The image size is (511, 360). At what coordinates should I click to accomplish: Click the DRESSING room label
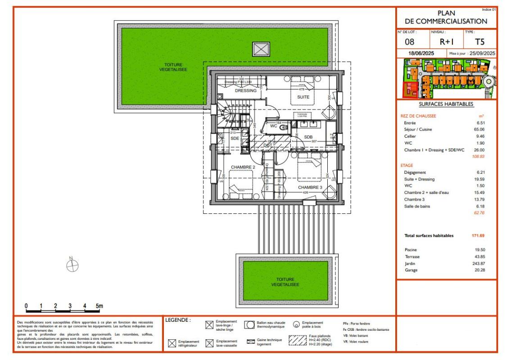[x=246, y=90]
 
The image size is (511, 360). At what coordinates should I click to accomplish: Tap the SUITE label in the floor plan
[x=303, y=97]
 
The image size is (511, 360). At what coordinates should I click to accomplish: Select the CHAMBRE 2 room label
[x=243, y=167]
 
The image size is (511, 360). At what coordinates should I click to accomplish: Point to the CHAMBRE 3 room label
[x=310, y=187]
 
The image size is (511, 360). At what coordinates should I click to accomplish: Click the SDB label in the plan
[x=308, y=137]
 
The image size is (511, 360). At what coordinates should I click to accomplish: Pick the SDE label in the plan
[x=235, y=139]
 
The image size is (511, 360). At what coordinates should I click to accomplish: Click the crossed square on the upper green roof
[x=261, y=49]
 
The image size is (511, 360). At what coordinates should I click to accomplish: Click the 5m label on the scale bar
[x=99, y=306]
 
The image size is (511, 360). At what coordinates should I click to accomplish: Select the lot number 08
[x=410, y=43]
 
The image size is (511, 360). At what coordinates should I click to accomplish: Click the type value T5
[x=480, y=43]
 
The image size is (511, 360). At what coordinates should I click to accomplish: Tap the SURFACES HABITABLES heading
[x=446, y=104]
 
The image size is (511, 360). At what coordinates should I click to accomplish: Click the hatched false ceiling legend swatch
[x=298, y=340]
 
